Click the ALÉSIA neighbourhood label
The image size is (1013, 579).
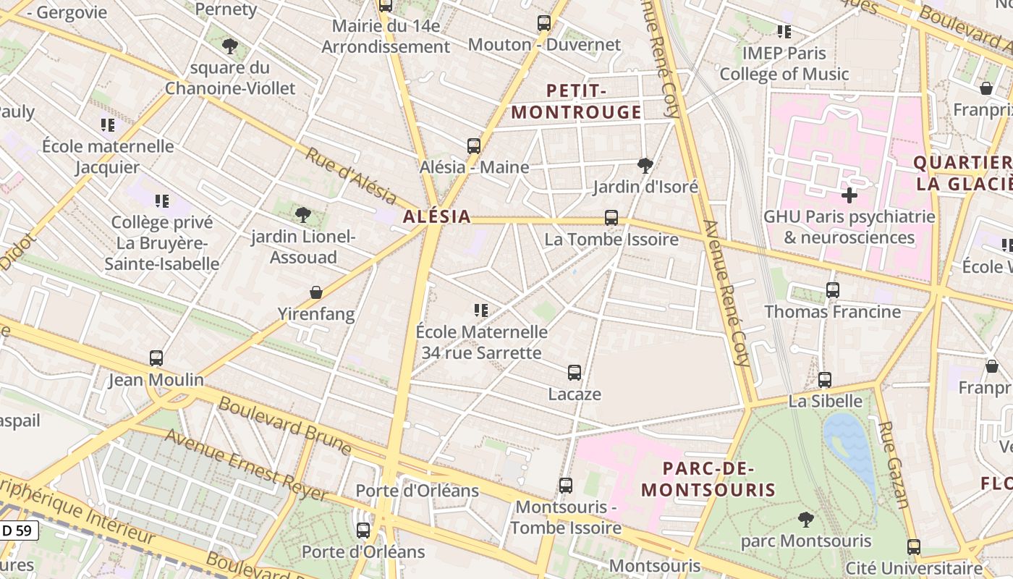pos(436,216)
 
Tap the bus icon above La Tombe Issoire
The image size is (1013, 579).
pos(611,217)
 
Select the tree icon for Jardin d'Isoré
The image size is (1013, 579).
pos(645,166)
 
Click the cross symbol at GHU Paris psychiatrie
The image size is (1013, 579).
pos(849,195)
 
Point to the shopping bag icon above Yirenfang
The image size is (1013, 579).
pos(316,292)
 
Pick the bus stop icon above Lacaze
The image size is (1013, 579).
pos(575,373)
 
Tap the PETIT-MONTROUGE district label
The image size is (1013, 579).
pos(577,101)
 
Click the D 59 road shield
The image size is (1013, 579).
pos(17,531)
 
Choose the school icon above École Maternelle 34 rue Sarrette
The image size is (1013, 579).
pos(481,310)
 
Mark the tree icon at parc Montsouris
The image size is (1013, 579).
pos(805,519)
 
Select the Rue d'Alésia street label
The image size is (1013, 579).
pos(351,176)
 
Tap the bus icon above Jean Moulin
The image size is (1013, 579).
pos(156,358)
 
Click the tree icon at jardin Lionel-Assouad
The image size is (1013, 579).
pos(303,215)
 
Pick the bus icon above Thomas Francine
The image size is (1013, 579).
pos(833,290)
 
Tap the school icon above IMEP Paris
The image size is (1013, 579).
pos(784,32)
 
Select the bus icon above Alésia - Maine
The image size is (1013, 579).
pos(474,145)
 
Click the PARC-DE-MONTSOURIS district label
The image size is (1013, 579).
pos(708,479)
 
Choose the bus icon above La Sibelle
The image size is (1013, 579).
pos(825,379)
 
